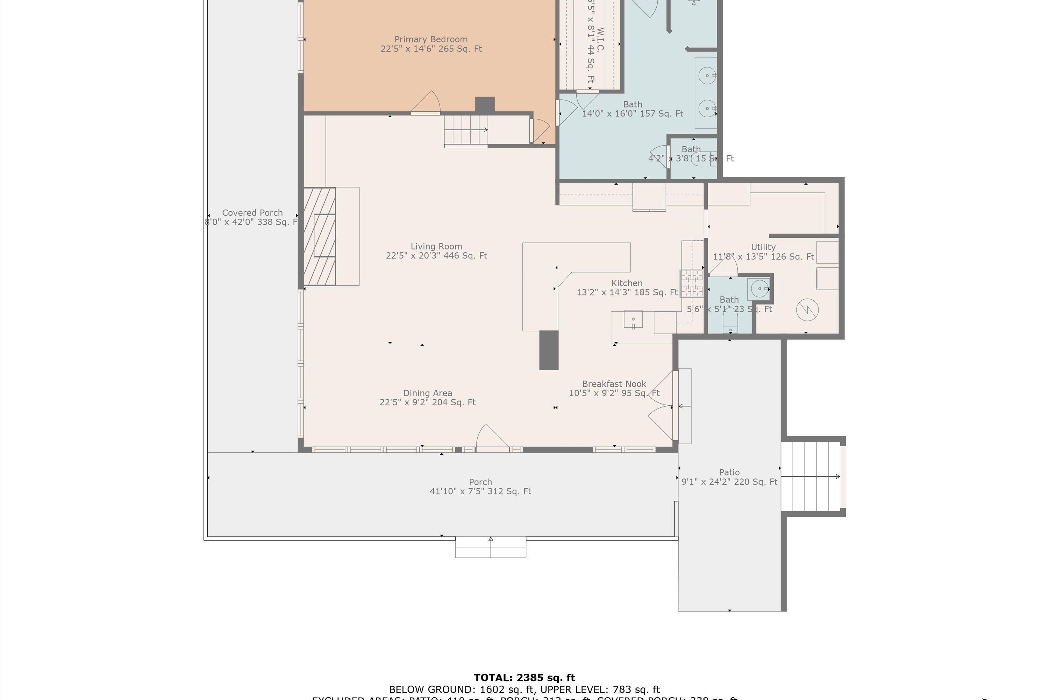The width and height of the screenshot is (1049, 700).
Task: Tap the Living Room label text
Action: (x=436, y=246)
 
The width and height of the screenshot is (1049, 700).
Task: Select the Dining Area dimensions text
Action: (x=427, y=402)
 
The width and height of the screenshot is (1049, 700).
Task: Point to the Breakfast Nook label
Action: (x=614, y=384)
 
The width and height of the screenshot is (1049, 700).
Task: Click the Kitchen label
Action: (x=627, y=283)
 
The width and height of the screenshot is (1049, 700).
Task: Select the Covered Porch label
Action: (x=252, y=213)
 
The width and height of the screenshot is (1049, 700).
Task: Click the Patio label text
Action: (x=729, y=472)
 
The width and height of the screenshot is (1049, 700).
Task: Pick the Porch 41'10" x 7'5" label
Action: (x=480, y=486)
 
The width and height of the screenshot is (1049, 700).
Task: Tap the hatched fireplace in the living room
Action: (x=319, y=236)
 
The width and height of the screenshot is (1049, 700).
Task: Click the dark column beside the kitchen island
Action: (x=549, y=350)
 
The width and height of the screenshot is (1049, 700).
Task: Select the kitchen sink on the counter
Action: (x=633, y=320)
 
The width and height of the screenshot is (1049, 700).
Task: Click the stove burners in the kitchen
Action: (x=691, y=283)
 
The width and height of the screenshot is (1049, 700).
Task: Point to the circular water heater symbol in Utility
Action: (x=807, y=309)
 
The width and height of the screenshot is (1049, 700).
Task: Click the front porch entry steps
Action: (x=491, y=547)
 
